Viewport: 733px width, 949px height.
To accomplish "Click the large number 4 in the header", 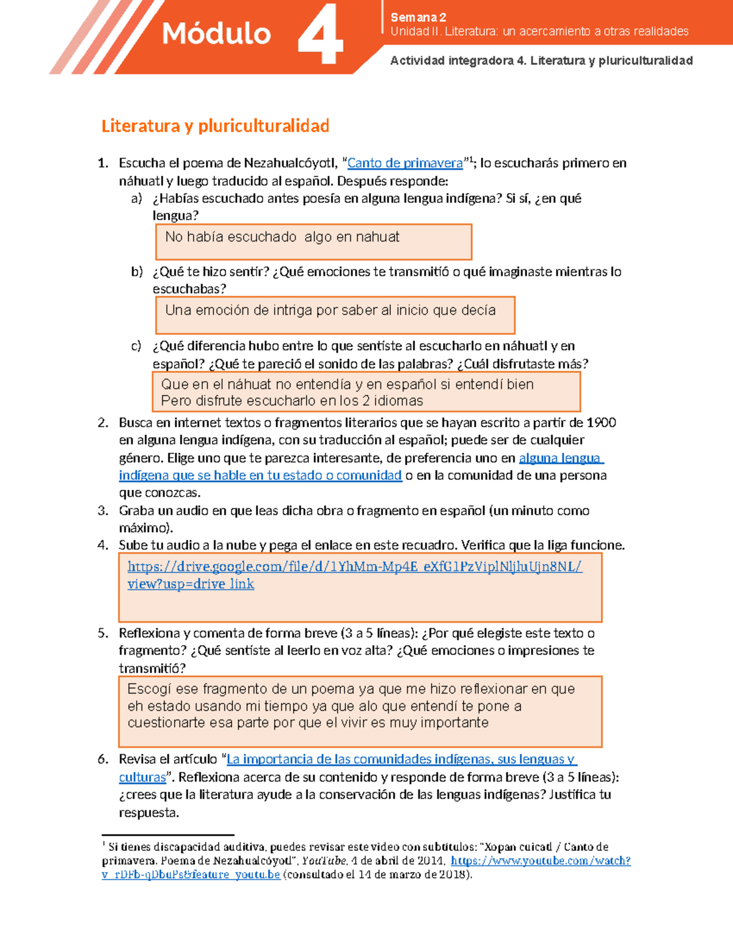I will [x=320, y=35].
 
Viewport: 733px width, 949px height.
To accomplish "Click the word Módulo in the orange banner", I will [x=216, y=34].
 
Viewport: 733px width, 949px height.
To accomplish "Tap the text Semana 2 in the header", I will [x=418, y=17].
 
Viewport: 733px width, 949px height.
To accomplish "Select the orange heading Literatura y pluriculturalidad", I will [x=215, y=126].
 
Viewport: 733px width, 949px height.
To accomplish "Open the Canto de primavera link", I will [x=405, y=163].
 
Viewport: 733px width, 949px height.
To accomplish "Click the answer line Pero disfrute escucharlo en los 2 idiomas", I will [x=292, y=401].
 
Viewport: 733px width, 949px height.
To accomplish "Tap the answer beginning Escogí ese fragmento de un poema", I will [x=351, y=689].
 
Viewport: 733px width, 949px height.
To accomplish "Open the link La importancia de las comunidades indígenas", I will [x=401, y=760].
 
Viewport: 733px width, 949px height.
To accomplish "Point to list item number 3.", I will [x=103, y=511].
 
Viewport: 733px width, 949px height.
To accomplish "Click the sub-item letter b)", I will [x=137, y=272].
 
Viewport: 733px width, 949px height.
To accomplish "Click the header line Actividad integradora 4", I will [x=541, y=60].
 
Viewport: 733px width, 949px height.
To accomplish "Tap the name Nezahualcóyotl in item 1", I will [x=290, y=163].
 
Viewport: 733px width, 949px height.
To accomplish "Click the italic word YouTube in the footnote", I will [x=324, y=861].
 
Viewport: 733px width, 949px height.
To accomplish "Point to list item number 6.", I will [x=103, y=760].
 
